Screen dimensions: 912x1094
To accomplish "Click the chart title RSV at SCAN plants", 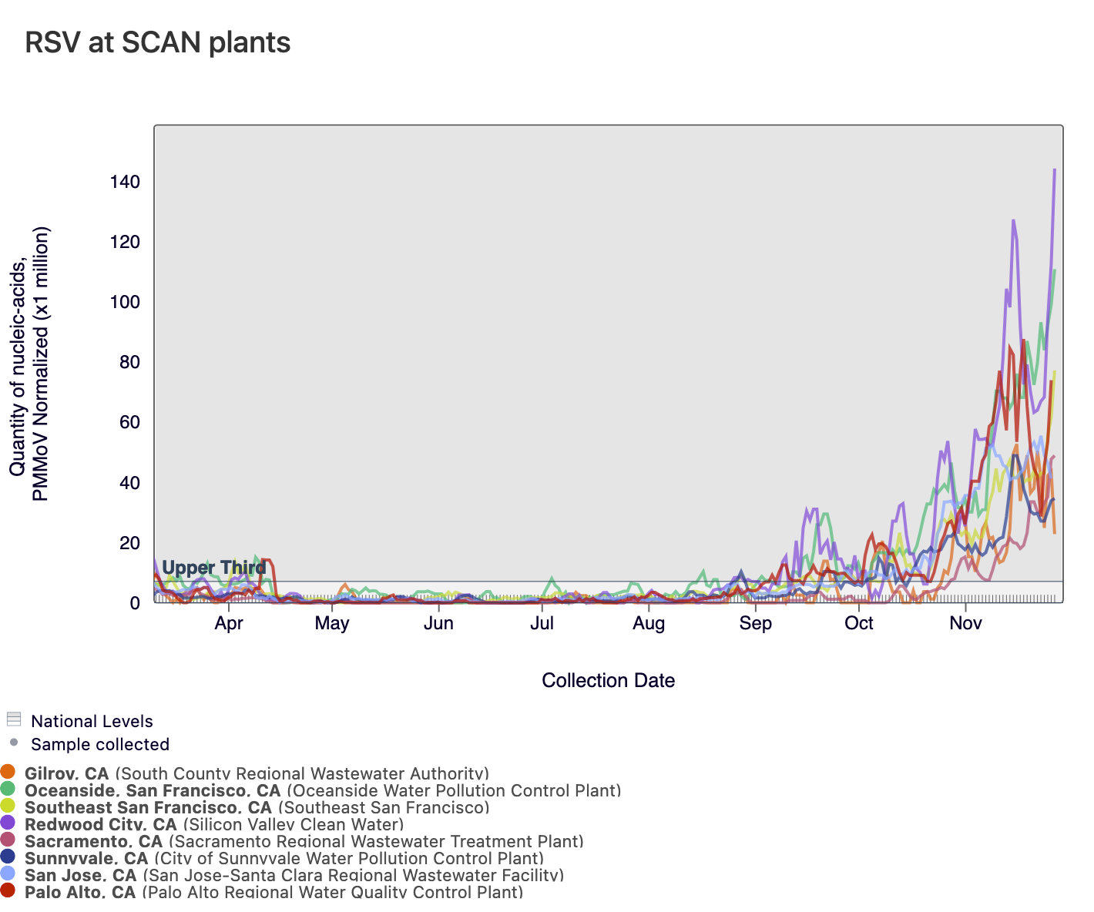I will (x=158, y=42).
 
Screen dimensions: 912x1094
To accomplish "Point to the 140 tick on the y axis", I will (x=124, y=183).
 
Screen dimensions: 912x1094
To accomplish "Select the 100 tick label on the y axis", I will (x=124, y=302).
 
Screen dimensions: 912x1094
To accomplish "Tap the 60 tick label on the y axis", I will (x=129, y=422).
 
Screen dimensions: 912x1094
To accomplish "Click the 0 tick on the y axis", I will (x=134, y=603).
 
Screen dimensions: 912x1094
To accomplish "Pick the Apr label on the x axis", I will (x=229, y=623).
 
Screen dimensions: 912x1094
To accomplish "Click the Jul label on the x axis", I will (x=542, y=623).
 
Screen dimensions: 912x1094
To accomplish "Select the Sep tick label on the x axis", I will (x=755, y=623).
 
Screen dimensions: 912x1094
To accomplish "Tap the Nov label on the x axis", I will (x=965, y=623).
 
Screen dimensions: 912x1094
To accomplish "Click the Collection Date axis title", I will (x=608, y=680).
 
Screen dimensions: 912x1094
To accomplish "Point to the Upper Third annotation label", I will (x=214, y=568).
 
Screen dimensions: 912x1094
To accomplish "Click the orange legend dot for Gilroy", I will (x=8, y=772).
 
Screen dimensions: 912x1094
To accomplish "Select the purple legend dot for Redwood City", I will (x=8, y=823).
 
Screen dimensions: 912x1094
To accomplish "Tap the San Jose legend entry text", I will (x=294, y=875).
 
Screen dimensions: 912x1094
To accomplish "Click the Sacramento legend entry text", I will (x=304, y=841).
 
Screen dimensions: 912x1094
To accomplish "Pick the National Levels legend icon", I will (x=13, y=719).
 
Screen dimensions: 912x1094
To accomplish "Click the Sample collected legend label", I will (x=100, y=744).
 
